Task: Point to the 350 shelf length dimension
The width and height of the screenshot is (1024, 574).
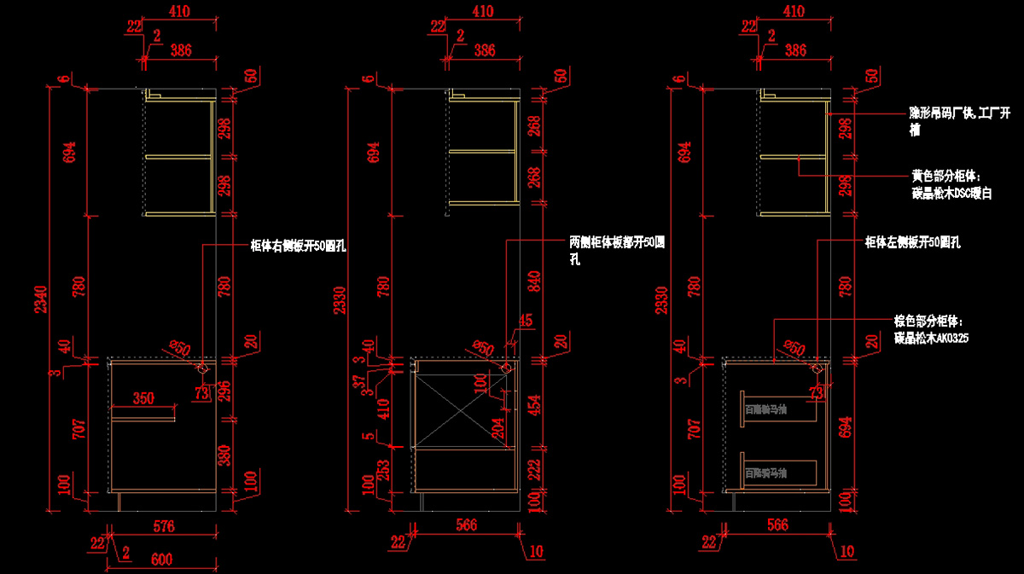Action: click(143, 398)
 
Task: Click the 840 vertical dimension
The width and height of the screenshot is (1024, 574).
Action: click(534, 282)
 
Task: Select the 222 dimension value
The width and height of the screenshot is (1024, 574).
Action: click(534, 468)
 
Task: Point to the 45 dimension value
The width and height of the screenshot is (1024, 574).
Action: click(525, 321)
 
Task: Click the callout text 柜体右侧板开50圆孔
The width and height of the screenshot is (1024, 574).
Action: click(298, 246)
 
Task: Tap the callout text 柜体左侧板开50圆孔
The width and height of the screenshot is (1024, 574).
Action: click(912, 242)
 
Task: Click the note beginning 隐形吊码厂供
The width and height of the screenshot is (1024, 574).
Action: click(958, 119)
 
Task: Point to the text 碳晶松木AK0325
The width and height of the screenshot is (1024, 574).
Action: click(931, 338)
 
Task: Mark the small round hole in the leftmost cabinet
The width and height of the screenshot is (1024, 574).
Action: click(203, 368)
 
